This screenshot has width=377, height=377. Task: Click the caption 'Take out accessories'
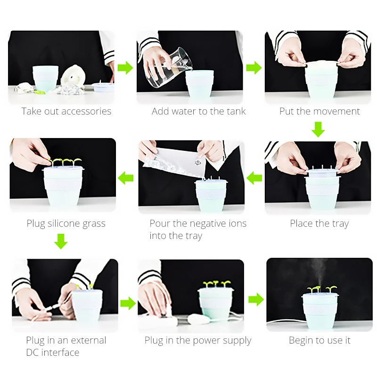pos(66,111)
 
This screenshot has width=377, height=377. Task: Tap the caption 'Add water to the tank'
pos(198,111)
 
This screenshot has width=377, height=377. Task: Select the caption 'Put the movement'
pos(320,111)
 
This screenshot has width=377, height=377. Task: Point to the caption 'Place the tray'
pos(320,223)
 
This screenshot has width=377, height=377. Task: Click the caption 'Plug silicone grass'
pos(66,223)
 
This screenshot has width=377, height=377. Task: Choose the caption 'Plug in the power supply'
pos(198,340)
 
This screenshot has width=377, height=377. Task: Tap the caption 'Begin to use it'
pos(320,340)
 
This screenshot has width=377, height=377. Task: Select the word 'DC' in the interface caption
pos(32,352)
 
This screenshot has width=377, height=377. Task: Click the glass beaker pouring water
pos(171,67)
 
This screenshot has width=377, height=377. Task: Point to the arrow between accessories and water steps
pos(125,67)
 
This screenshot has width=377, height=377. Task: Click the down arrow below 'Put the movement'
pos(318,129)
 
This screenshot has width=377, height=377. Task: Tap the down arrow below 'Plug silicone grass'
pos(61,241)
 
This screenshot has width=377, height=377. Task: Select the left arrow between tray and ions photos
pos(254,178)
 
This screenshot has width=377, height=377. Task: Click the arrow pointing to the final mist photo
pos(256,300)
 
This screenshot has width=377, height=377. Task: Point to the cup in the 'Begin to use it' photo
pos(320,311)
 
